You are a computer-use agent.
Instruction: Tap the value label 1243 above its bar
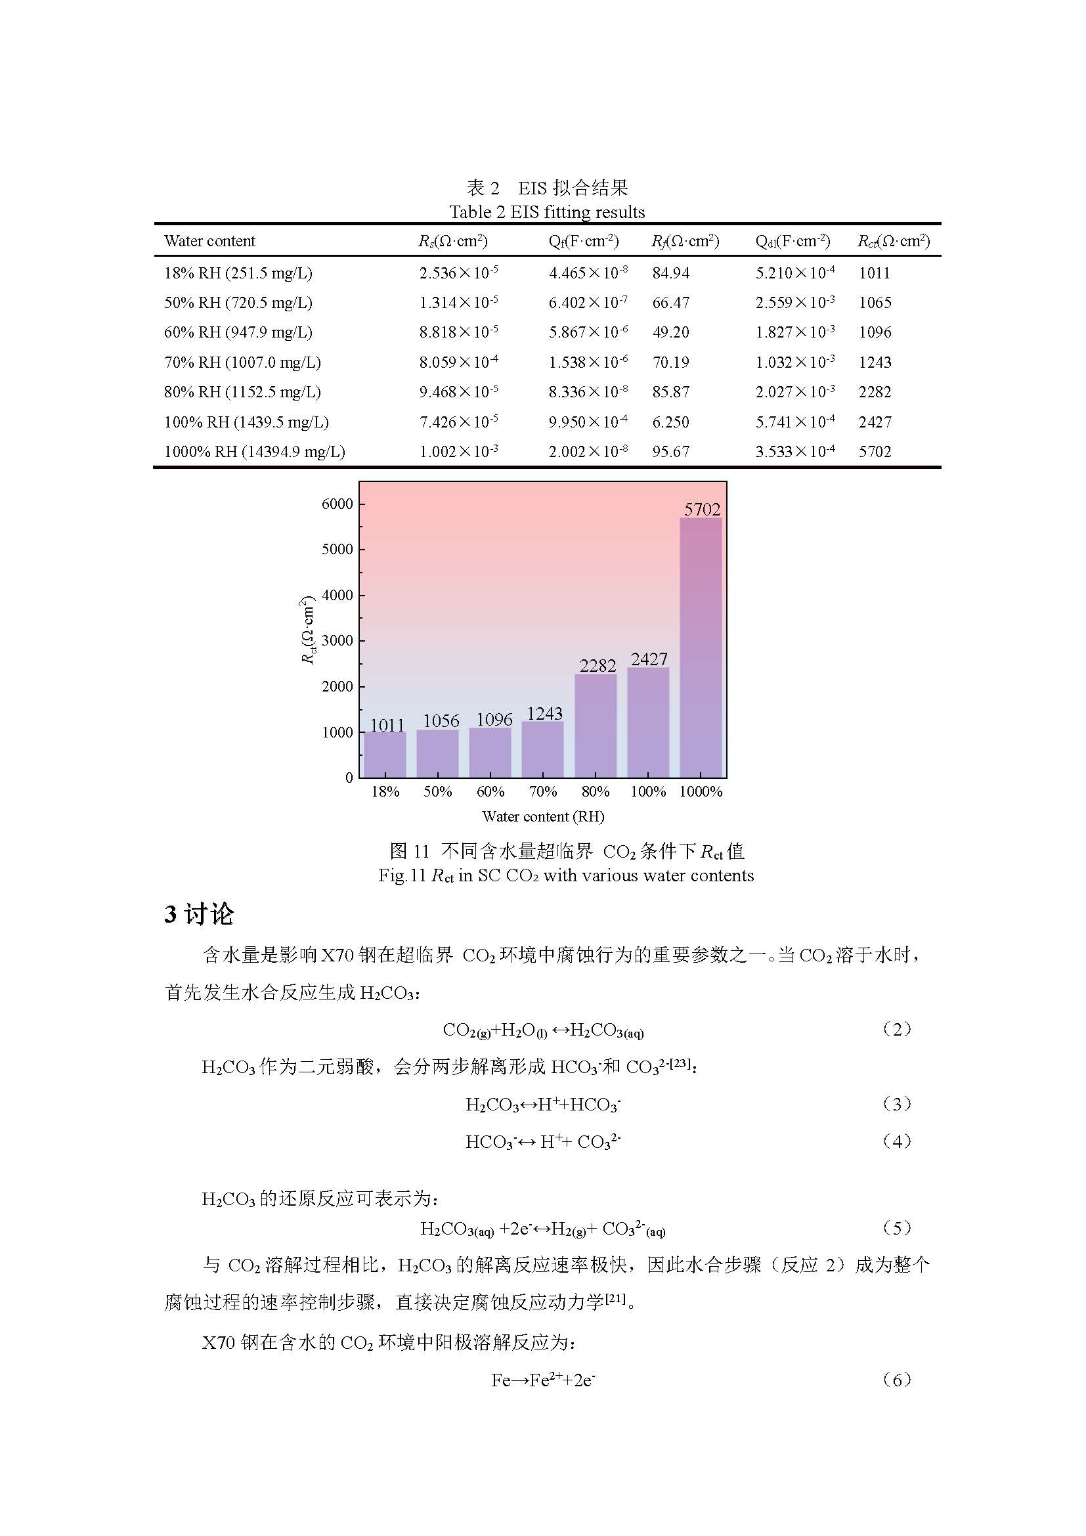point(544,713)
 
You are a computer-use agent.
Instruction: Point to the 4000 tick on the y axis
point(337,595)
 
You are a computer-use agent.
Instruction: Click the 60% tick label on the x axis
point(490,791)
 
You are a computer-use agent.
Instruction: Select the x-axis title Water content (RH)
point(542,816)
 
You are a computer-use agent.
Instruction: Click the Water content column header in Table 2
point(209,241)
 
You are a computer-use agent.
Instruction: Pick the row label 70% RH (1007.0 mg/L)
point(242,362)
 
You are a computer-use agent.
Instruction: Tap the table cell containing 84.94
point(670,273)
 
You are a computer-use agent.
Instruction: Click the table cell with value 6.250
point(670,422)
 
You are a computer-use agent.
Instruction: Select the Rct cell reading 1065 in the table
point(875,302)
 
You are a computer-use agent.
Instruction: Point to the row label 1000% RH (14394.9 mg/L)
point(254,452)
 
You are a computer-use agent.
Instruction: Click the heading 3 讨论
point(198,914)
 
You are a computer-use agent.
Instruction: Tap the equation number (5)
point(897,1227)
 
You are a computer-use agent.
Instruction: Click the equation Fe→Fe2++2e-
point(542,1380)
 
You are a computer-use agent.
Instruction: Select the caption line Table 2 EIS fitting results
point(546,212)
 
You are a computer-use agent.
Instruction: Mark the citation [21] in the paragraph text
point(615,1298)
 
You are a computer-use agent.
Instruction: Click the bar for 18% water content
point(385,755)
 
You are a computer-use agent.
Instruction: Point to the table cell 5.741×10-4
point(794,422)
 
